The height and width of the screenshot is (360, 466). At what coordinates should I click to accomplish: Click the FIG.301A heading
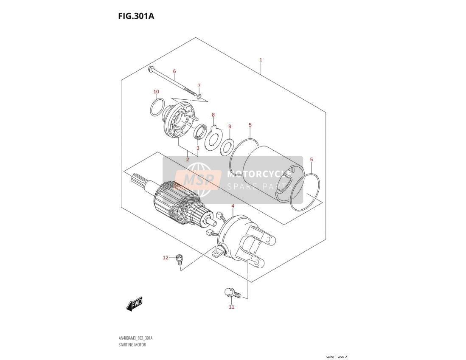point(136,16)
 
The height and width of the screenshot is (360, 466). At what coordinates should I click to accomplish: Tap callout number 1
point(261,59)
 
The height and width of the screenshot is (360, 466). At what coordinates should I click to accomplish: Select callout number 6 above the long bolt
point(174,71)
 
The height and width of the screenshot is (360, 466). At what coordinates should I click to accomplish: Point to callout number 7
point(199,85)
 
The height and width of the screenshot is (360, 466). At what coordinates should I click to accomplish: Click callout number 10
point(156,92)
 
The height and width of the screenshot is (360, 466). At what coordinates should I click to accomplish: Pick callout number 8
point(213,115)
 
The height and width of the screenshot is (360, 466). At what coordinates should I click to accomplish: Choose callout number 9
point(230,127)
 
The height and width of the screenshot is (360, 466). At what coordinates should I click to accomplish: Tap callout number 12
point(166,257)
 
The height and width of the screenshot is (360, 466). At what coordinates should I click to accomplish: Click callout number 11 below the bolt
point(231,307)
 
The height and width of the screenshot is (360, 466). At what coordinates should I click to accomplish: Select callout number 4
point(233,206)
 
